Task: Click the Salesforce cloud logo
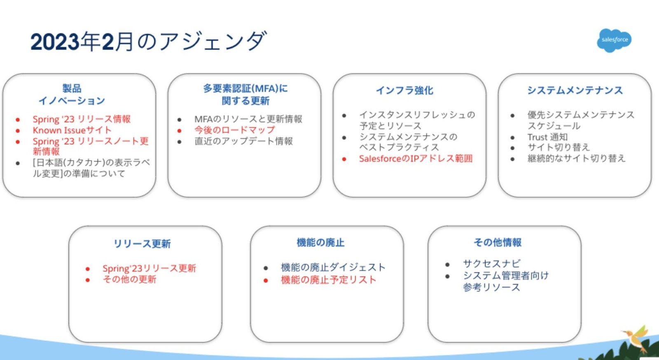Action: [x=614, y=40]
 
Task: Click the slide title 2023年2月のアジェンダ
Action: [x=149, y=41]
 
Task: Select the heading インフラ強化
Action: [x=404, y=90]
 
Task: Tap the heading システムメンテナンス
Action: [x=575, y=90]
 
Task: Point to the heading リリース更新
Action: [x=142, y=243]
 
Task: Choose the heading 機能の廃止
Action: [x=320, y=242]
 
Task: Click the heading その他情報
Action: [x=498, y=242]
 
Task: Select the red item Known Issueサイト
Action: [x=72, y=130]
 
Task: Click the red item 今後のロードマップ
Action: [x=234, y=130]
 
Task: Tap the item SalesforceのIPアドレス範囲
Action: [x=416, y=159]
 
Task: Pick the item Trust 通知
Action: [x=547, y=137]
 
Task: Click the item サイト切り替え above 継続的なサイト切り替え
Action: [x=559, y=147]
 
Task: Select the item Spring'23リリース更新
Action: [x=149, y=268]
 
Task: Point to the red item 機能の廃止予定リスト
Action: [x=329, y=280]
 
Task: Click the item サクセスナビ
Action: [x=492, y=263]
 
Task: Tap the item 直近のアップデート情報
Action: [x=243, y=141]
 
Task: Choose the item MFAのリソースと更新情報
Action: [x=248, y=119]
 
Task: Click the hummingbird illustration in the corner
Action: [x=636, y=338]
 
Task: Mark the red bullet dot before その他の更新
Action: [x=87, y=280]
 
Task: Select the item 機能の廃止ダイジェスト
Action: [x=333, y=267]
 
